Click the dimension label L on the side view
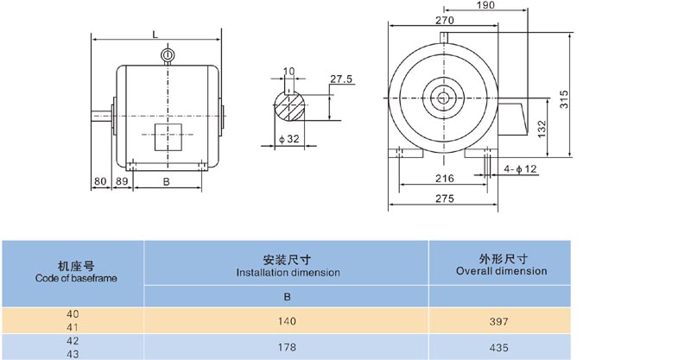(155, 34)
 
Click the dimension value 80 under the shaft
(100, 181)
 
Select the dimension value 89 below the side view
(122, 181)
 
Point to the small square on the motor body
(168, 136)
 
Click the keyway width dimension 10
(288, 71)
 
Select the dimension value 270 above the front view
(444, 18)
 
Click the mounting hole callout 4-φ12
(520, 169)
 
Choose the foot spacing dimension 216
(444, 178)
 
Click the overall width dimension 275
(444, 199)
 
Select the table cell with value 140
(287, 321)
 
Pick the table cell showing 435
(501, 348)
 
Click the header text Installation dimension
(287, 272)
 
